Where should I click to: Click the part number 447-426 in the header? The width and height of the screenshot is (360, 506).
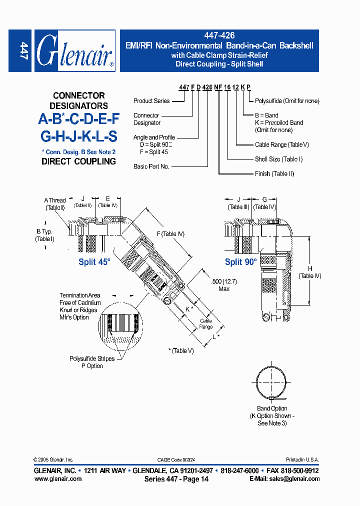click(219, 36)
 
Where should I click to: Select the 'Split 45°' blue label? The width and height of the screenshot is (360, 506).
click(94, 261)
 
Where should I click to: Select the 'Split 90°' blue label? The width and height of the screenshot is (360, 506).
click(240, 261)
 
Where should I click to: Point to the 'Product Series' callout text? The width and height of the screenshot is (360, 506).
click(151, 101)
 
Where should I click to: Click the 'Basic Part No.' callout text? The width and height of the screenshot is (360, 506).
click(151, 166)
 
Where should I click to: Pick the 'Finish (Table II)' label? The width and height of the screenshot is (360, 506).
click(274, 173)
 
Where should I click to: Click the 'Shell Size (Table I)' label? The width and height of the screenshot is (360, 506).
click(278, 159)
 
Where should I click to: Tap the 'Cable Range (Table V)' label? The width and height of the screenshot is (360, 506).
click(281, 144)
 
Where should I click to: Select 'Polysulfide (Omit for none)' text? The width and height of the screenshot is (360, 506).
click(287, 101)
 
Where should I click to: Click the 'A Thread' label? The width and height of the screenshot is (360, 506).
click(54, 200)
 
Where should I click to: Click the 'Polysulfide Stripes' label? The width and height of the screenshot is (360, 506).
click(92, 358)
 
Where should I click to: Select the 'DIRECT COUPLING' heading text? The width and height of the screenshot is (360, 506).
click(78, 161)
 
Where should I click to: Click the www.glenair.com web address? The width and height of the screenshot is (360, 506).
click(57, 478)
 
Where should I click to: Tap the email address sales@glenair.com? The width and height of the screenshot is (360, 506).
click(284, 478)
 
